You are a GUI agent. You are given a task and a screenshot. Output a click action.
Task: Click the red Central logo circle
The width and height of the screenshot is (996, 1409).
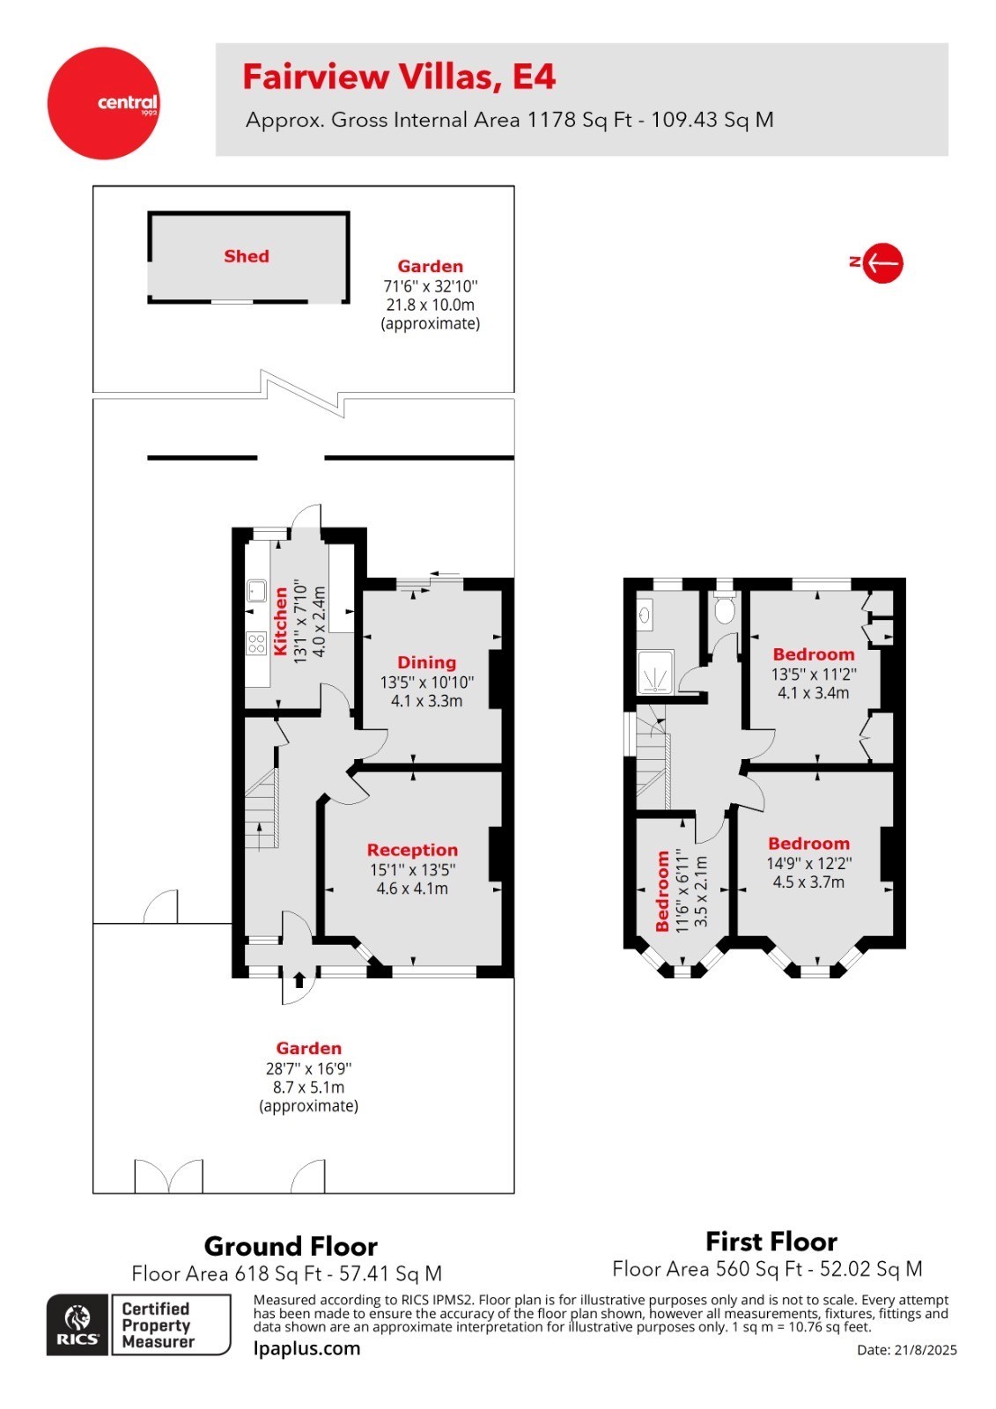pos(104,103)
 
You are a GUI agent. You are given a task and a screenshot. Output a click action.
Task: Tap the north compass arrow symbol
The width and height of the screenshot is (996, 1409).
pos(882,262)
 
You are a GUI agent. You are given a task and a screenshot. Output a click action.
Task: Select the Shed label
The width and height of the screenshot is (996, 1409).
pos(247,256)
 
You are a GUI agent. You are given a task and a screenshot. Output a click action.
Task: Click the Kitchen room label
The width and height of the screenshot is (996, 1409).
pos(281,621)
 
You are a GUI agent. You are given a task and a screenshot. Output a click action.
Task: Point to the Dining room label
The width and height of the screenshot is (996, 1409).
pos(426,662)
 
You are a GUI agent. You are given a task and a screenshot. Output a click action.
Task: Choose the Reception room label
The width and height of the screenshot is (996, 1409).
pos(412,850)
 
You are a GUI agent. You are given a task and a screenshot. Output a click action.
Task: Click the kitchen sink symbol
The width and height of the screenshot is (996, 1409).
pos(256,590)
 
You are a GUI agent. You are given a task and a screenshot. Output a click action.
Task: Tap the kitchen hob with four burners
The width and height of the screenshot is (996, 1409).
pos(256,644)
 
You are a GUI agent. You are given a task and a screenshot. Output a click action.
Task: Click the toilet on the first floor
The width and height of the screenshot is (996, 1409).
pos(724,607)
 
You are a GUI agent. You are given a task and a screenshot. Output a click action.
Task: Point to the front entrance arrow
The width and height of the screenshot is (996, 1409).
pos(299,979)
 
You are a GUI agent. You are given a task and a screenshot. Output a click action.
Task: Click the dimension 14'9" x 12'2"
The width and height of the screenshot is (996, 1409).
pos(808,864)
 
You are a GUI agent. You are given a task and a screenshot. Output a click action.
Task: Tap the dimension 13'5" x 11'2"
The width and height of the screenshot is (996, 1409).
pos(813,675)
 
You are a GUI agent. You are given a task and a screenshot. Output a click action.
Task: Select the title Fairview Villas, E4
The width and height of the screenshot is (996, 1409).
pos(399,77)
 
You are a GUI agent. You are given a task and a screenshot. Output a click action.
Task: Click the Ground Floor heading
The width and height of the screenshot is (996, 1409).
pos(291,1246)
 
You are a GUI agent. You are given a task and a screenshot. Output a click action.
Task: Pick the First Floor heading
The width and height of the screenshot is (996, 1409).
pos(771,1242)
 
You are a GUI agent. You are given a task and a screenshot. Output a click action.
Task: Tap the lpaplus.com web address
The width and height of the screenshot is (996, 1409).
pos(306,1348)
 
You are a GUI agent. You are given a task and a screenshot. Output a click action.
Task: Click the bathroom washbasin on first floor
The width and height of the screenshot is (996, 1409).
pos(645,614)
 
